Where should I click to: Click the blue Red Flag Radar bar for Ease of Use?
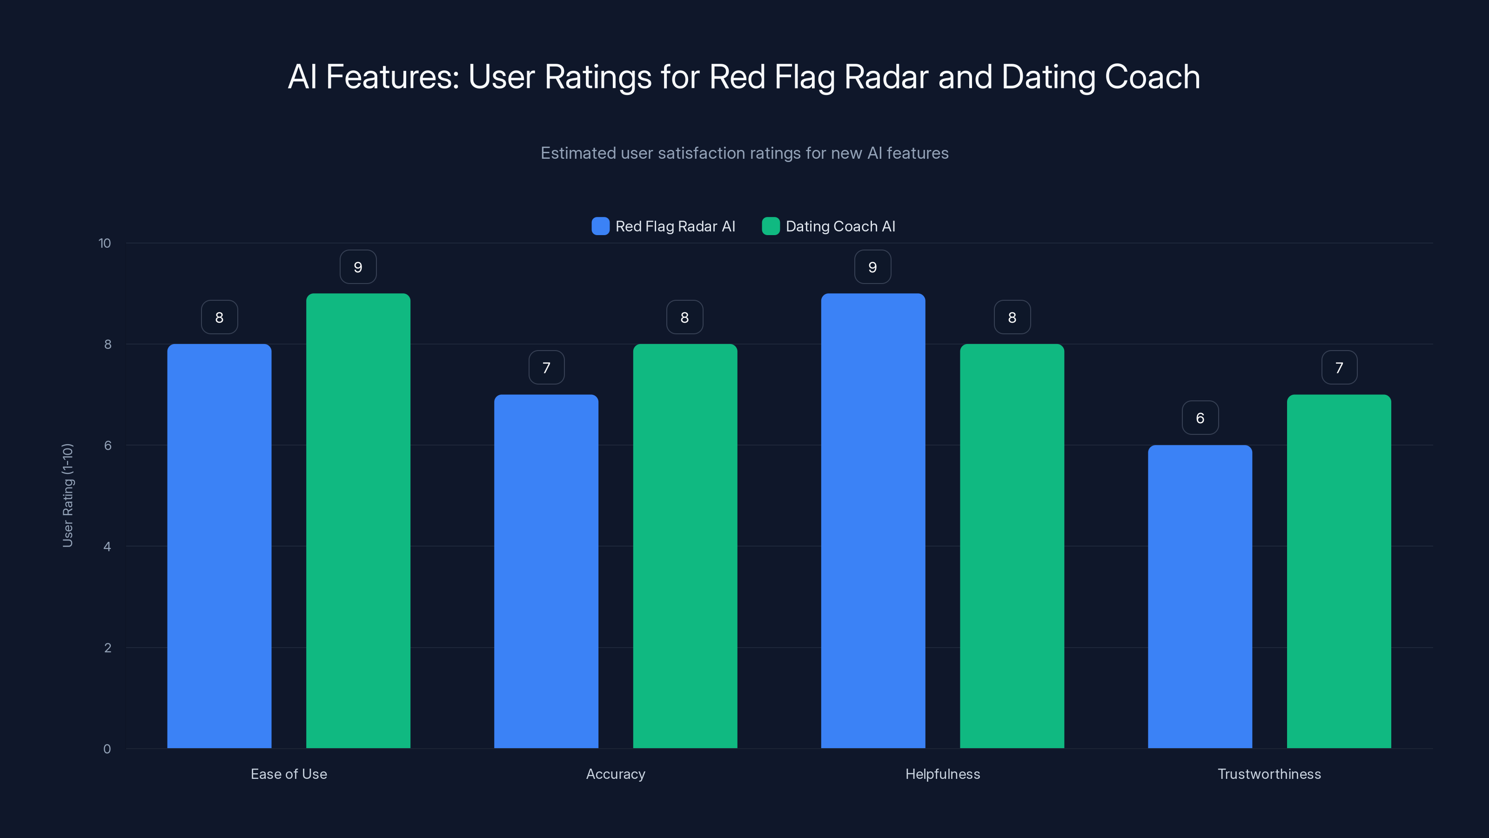[219, 546]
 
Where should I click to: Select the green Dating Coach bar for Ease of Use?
[358, 520]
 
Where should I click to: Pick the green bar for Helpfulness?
[1012, 546]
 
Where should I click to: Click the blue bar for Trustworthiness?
[1200, 596]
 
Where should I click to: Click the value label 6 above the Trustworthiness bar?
[1200, 418]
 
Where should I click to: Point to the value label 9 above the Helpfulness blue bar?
[872, 267]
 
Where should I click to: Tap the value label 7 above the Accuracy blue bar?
[546, 367]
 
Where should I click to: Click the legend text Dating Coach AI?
[840, 226]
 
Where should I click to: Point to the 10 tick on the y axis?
[105, 243]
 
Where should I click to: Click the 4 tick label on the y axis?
[107, 547]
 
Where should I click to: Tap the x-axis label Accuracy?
[616, 774]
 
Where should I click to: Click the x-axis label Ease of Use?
[288, 774]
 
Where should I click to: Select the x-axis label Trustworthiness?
[1269, 774]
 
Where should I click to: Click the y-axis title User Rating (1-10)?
[67, 495]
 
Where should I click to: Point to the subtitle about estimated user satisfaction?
[744, 153]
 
